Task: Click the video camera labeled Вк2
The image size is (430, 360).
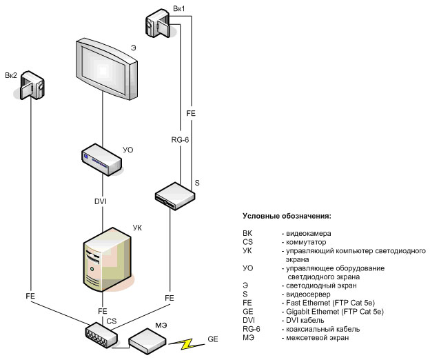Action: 32,86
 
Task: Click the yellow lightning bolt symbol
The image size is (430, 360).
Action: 185,342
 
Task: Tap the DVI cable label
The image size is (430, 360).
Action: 101,201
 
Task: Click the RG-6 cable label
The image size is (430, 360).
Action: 180,140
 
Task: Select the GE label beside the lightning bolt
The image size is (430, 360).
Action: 214,339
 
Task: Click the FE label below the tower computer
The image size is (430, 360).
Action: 103,311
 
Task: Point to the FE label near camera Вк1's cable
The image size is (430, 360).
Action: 192,112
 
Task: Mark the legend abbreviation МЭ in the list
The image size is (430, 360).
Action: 248,338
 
